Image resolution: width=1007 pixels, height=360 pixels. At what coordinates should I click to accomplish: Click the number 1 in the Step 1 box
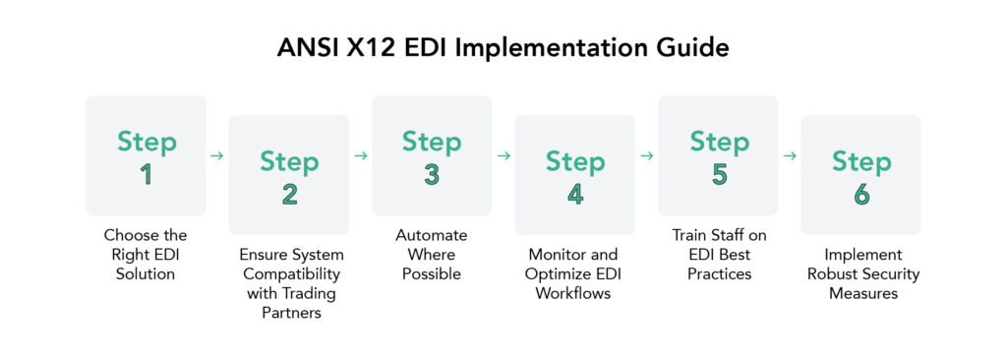click(x=147, y=175)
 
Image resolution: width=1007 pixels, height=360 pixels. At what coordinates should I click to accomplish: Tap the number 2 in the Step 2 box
click(x=289, y=194)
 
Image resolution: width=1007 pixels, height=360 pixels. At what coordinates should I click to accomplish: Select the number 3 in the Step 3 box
click(x=432, y=175)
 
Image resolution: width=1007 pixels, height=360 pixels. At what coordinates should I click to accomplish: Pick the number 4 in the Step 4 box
click(x=575, y=194)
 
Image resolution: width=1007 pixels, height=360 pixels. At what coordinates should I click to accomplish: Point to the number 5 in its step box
click(x=719, y=175)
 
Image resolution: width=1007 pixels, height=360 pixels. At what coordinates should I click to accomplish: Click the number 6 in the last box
click(x=861, y=194)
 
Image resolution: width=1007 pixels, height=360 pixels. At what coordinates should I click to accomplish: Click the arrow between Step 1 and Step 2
click(x=217, y=155)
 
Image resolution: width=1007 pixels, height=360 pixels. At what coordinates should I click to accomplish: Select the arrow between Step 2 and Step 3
click(x=360, y=155)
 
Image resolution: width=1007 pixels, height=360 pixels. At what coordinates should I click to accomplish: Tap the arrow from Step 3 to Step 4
click(x=503, y=155)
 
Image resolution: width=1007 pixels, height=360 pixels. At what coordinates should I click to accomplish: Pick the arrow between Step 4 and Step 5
click(x=646, y=155)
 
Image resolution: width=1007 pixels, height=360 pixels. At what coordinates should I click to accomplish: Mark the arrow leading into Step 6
click(x=790, y=155)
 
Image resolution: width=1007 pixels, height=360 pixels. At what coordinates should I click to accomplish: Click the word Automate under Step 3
click(x=432, y=236)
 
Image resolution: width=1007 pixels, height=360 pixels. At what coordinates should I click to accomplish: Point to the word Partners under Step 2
click(x=288, y=312)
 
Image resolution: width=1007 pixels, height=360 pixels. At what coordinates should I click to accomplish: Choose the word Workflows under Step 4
click(x=575, y=293)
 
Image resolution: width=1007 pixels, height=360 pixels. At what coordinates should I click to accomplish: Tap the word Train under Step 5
click(x=692, y=236)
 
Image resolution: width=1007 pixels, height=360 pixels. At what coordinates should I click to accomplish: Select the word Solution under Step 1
click(x=146, y=273)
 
